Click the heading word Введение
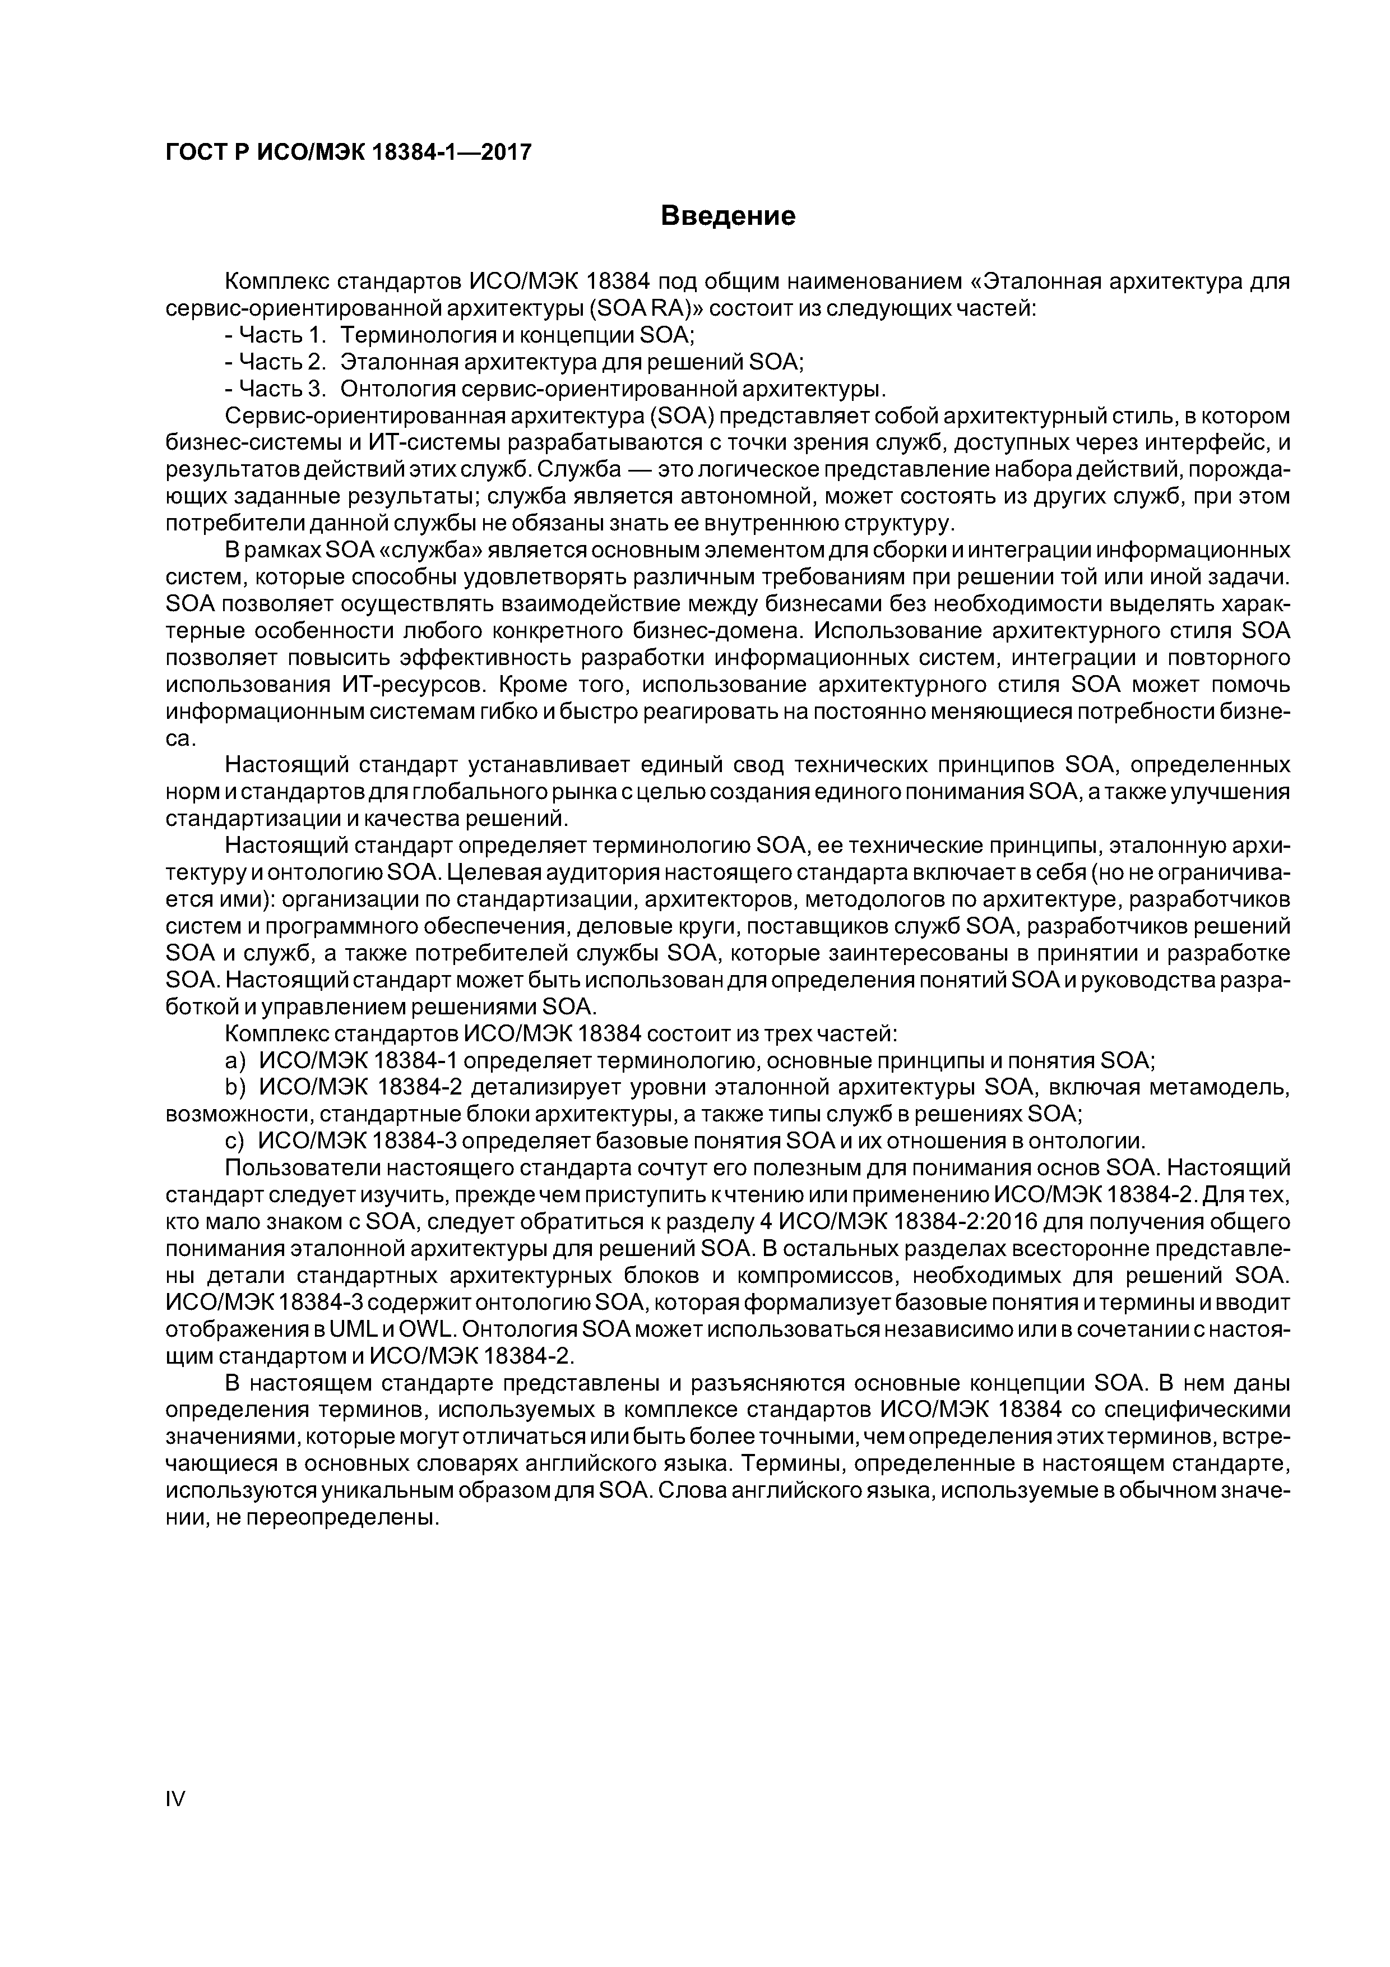coord(728,216)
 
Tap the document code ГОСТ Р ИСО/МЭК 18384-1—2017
coord(347,153)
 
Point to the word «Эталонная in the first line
coord(1036,281)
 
